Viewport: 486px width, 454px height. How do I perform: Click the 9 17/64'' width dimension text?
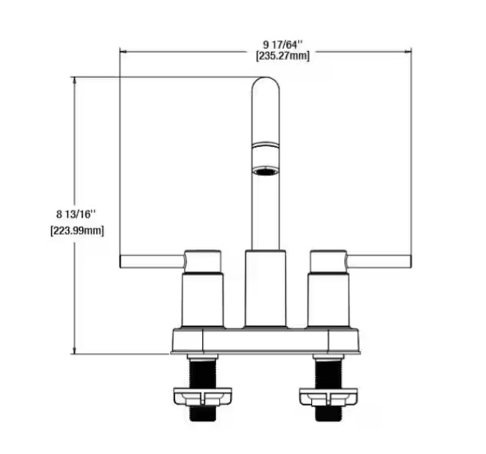[283, 45]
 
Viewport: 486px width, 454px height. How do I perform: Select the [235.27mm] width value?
[283, 56]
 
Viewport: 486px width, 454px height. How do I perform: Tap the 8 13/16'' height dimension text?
[76, 214]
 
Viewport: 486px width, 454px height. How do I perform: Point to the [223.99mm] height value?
[77, 231]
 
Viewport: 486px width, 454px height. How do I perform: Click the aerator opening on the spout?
[266, 171]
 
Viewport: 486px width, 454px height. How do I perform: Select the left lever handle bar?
[152, 261]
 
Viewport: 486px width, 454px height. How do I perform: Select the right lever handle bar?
[378, 261]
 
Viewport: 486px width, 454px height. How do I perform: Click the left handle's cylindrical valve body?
[203, 299]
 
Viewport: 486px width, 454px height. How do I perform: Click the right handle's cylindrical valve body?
[329, 299]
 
